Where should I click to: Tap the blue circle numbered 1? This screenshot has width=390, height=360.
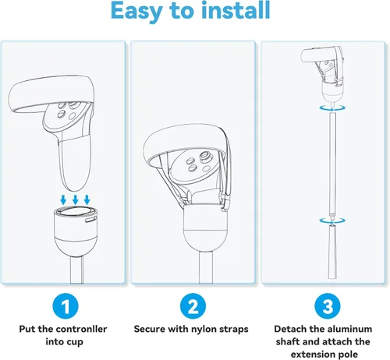pos(66,306)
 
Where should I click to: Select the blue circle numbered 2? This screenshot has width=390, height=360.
pos(193,306)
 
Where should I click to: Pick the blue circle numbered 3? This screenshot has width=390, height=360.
pos(328,306)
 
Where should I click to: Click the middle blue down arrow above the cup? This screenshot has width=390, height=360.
pos(76,199)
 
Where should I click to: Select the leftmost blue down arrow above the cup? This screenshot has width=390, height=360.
pos(63,199)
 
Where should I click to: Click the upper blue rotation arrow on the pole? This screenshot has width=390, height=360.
pos(332,108)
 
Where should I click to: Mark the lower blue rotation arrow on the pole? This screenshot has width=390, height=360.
pos(332,221)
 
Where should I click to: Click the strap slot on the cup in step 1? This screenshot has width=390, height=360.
pos(90,220)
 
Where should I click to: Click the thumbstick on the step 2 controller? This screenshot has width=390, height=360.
pos(205,157)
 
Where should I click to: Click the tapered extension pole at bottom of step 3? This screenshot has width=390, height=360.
pos(332,252)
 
